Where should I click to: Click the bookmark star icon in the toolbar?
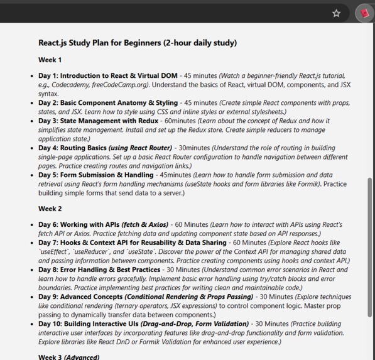point(337,13)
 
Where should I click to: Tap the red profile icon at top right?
point(364,13)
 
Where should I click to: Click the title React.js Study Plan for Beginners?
point(138,43)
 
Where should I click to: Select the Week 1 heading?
point(50,60)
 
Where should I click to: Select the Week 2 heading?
point(50,209)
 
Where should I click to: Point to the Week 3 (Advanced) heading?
point(68,357)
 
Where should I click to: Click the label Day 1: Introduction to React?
point(107,76)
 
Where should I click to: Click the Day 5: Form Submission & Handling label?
point(95,175)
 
